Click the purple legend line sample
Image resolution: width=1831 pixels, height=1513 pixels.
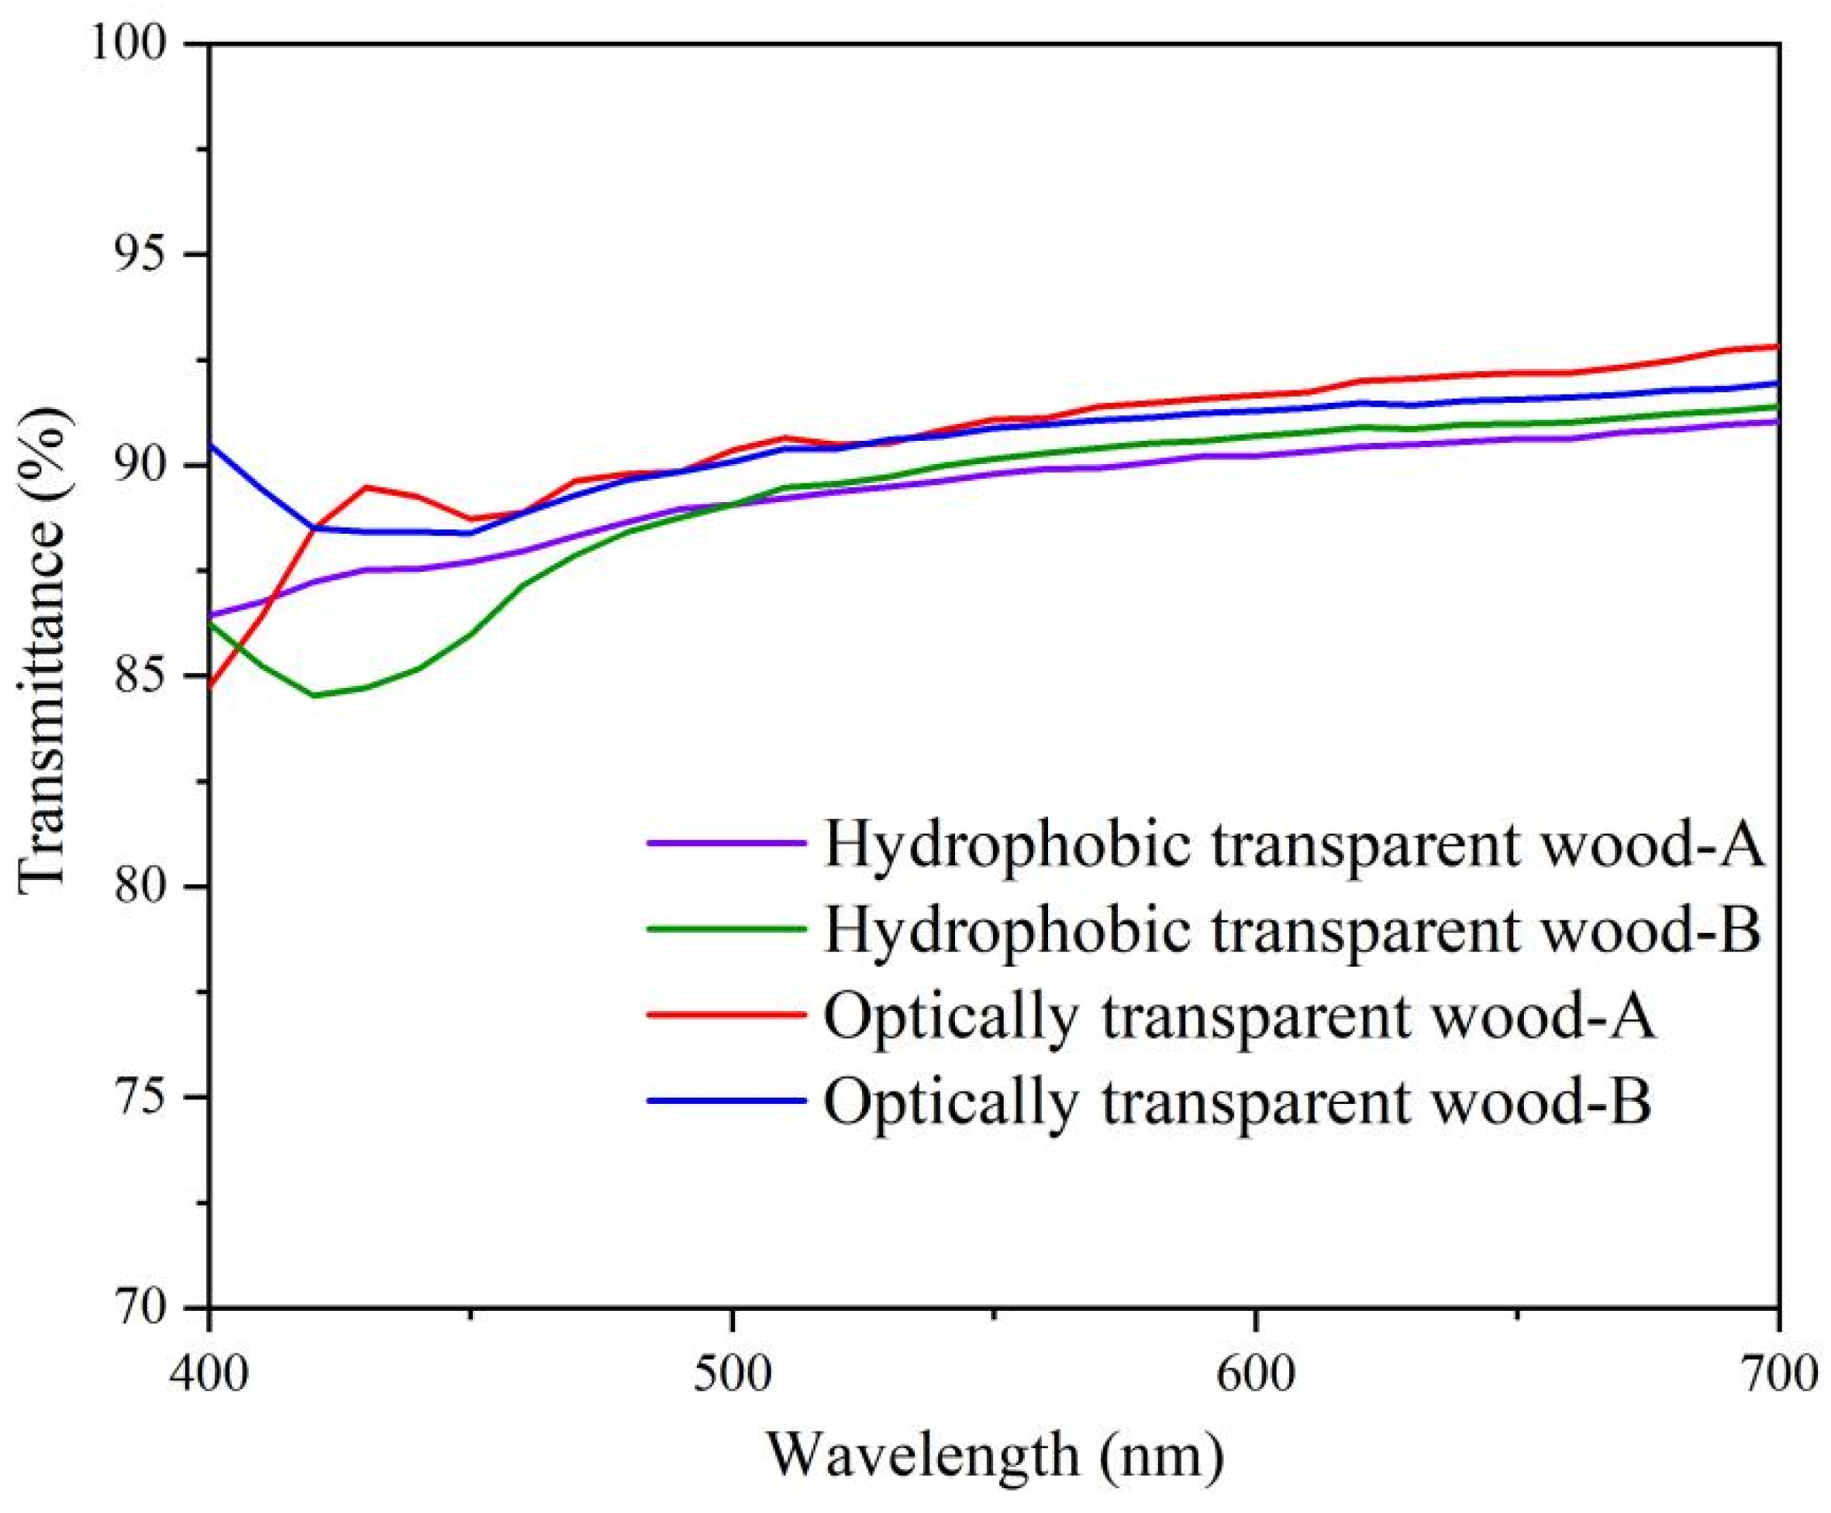(726, 843)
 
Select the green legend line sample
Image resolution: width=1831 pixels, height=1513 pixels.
(726, 929)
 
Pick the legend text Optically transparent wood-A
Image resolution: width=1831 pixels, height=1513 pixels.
(1238, 1016)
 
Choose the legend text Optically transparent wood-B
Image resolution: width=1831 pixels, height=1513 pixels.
(1238, 1102)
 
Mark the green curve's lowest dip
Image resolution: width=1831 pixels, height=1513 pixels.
(314, 696)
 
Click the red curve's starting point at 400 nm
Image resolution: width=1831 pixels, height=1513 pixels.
(210, 686)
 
